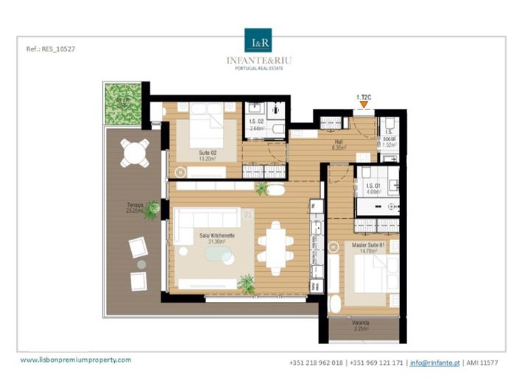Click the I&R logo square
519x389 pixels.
point(259,41)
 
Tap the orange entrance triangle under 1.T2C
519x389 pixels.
point(363,106)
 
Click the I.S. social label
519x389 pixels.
point(389,141)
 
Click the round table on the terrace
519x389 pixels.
point(135,153)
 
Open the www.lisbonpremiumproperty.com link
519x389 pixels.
point(75,360)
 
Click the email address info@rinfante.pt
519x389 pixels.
point(434,362)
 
